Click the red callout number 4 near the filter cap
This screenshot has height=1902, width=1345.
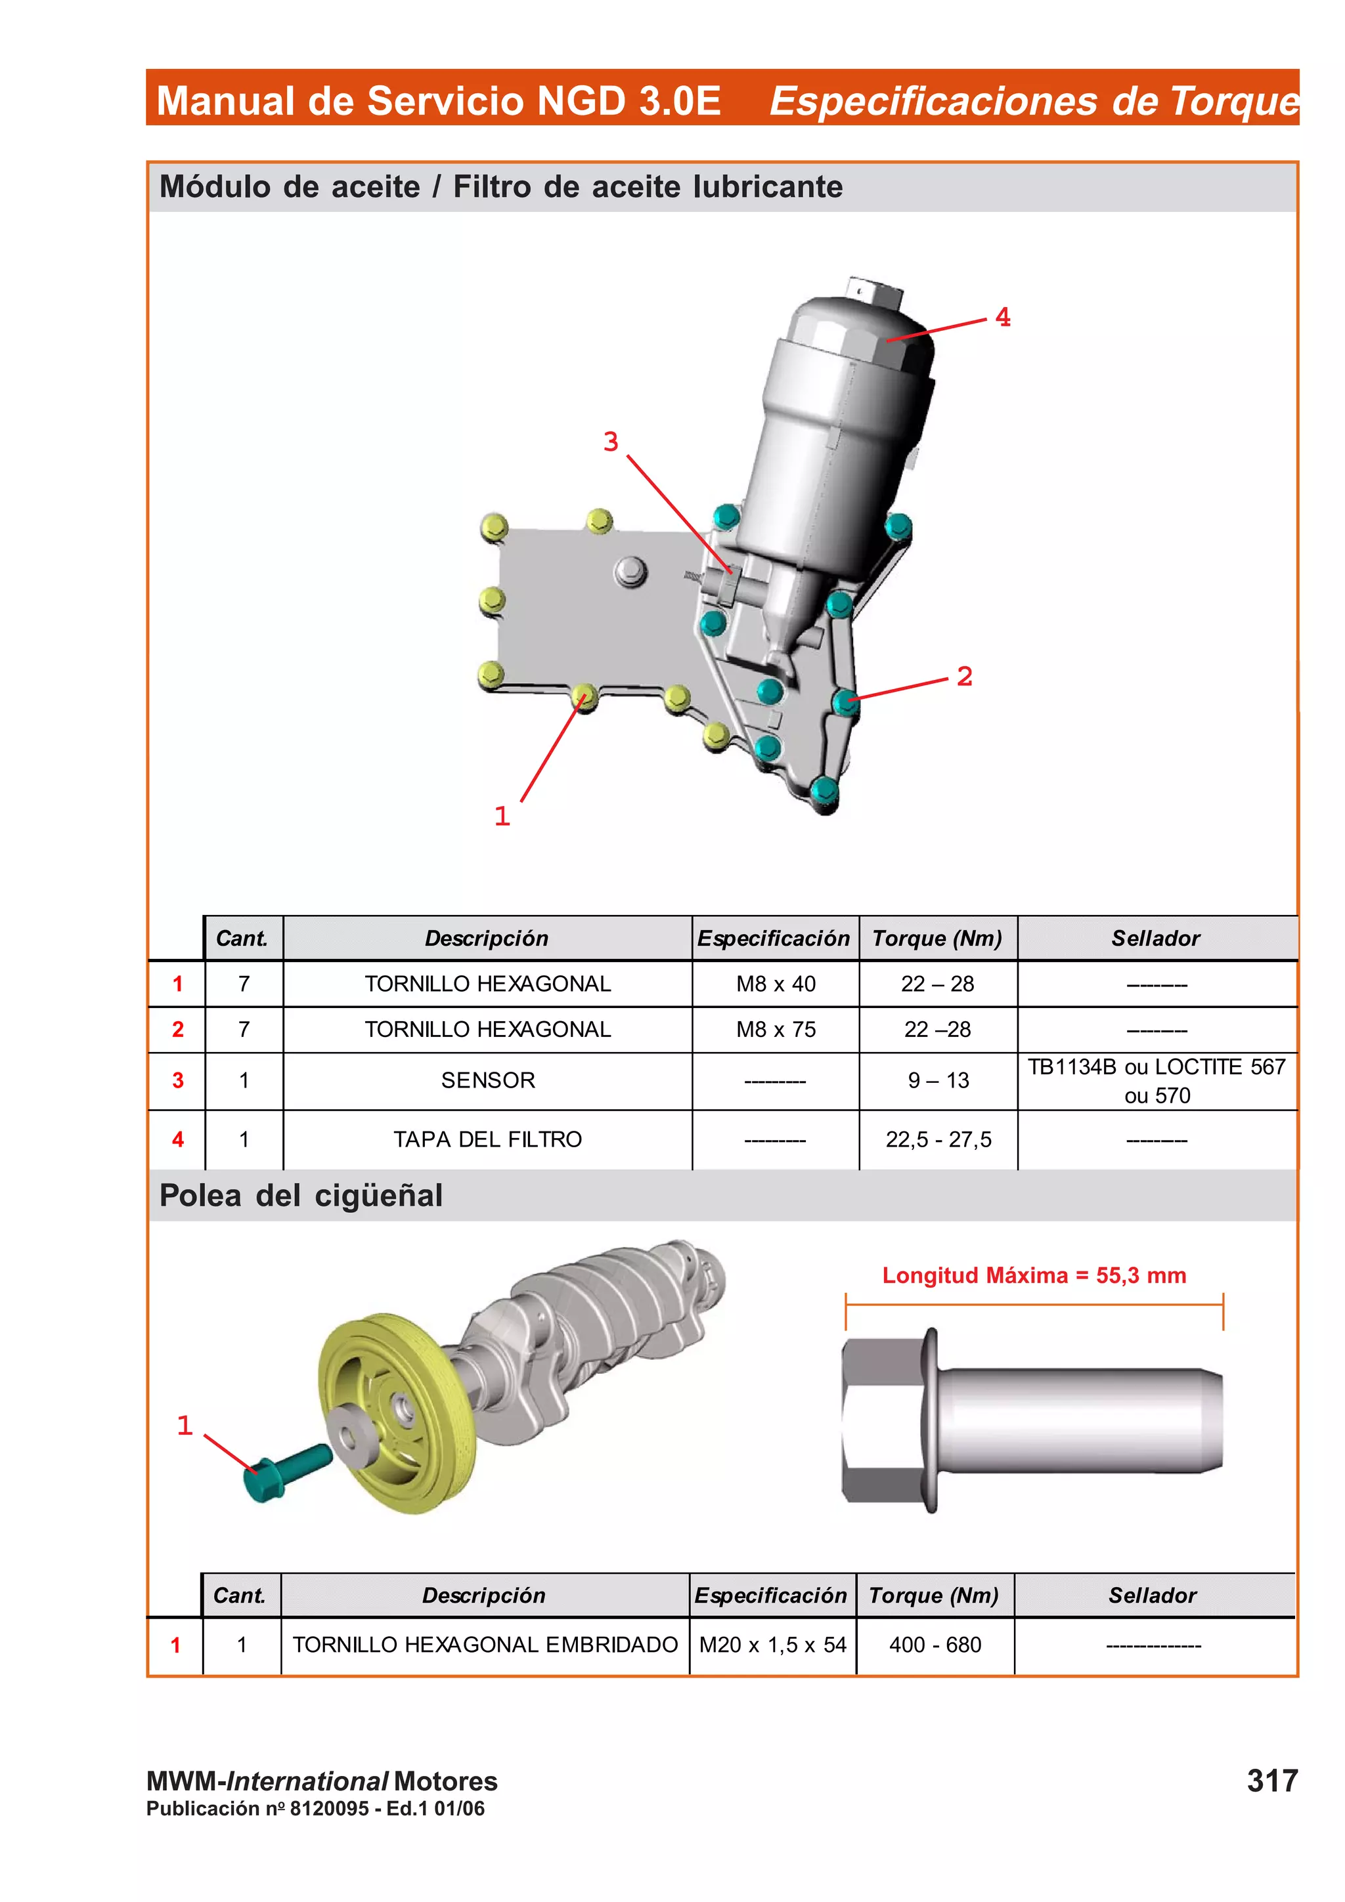tap(1002, 317)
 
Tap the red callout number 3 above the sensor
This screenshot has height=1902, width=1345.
tap(611, 442)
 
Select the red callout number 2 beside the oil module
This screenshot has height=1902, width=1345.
tap(964, 676)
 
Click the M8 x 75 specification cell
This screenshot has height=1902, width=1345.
tap(776, 1030)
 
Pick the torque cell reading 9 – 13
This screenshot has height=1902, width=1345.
tap(938, 1081)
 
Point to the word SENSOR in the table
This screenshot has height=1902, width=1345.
tap(487, 1081)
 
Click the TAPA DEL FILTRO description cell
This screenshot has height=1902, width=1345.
tap(487, 1140)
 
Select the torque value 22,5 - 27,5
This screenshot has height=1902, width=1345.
tap(938, 1140)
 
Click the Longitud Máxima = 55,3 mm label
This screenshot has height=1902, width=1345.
tap(1034, 1275)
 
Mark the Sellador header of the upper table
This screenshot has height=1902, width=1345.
tap(1155, 939)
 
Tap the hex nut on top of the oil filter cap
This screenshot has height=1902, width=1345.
tap(874, 293)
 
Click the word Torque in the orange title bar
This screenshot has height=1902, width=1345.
tap(1234, 101)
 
